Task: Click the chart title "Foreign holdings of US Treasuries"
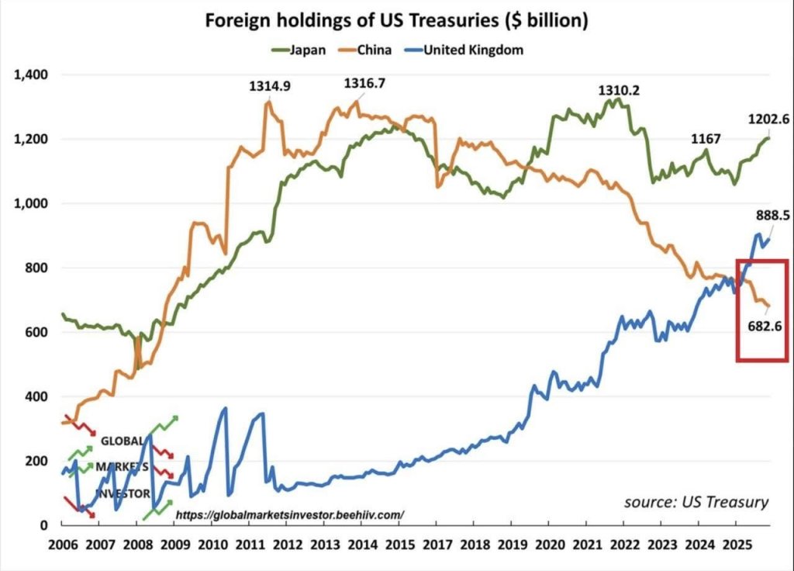[x=396, y=21]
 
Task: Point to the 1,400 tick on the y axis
[x=31, y=75]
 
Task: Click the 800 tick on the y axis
[x=38, y=268]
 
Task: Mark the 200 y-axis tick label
[x=38, y=461]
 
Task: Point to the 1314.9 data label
[x=270, y=87]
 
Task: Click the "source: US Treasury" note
[x=696, y=502]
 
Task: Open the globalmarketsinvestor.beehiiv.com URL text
[x=290, y=514]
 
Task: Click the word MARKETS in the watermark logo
[x=122, y=467]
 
